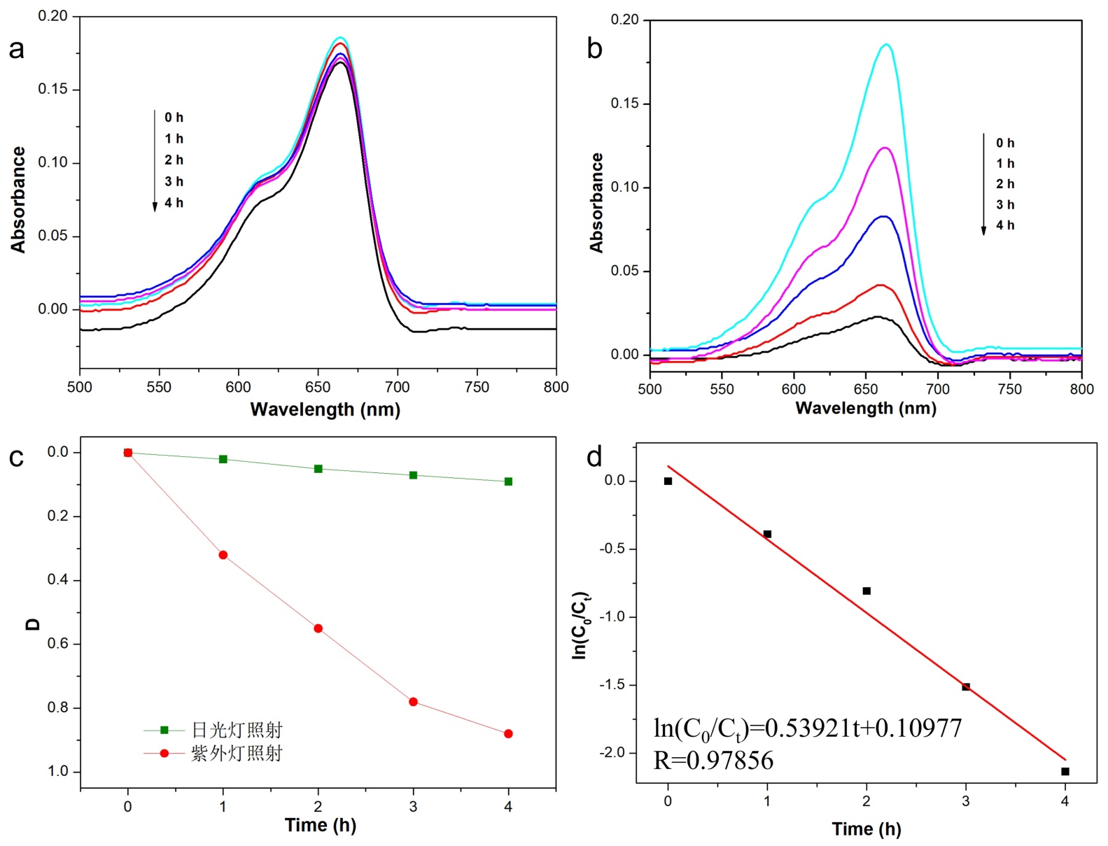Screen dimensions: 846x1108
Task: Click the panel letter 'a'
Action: [x=16, y=50]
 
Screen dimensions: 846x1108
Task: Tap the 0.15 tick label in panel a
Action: [x=53, y=89]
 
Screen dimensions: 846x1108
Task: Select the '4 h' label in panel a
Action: [x=174, y=203]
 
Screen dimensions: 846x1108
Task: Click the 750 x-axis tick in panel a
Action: [x=477, y=387]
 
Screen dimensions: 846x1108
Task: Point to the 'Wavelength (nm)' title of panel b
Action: [x=866, y=408]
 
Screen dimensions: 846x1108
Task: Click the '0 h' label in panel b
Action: [x=1005, y=143]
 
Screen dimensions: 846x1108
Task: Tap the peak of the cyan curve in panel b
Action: [x=887, y=44]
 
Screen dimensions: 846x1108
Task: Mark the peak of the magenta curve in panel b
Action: [x=885, y=148]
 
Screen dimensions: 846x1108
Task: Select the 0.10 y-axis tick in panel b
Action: [x=624, y=187]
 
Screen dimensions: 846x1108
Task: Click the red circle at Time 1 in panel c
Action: [x=223, y=555]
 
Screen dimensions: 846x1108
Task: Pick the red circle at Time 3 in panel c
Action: [x=413, y=702]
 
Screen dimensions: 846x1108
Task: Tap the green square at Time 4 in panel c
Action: [x=508, y=481]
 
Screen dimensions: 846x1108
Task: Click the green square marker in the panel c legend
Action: [x=164, y=730]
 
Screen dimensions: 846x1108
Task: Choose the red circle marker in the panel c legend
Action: [x=164, y=753]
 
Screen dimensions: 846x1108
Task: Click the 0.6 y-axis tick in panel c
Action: [x=57, y=644]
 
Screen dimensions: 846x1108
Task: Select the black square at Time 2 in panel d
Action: [x=867, y=591]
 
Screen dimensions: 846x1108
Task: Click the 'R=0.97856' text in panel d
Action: [x=713, y=761]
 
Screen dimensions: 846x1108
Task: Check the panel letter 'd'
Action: [x=594, y=457]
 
